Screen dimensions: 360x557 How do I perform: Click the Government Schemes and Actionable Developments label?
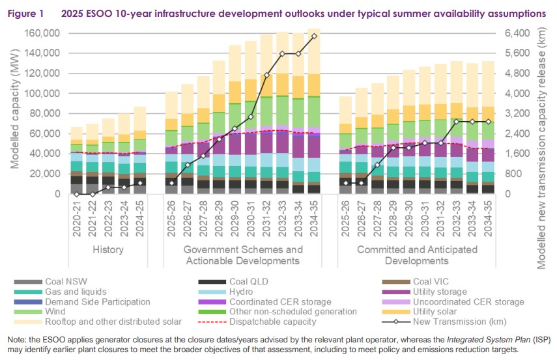click(x=243, y=255)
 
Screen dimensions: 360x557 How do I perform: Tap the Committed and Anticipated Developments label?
click(x=416, y=255)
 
